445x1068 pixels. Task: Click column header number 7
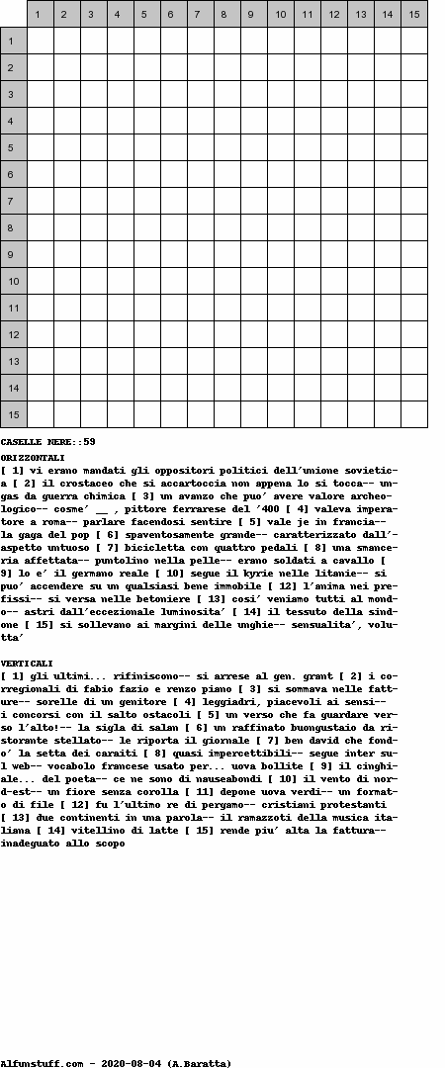tap(200, 14)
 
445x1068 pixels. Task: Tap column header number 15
tap(413, 14)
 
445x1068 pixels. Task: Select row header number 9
tap(13, 254)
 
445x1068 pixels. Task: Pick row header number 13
tap(13, 361)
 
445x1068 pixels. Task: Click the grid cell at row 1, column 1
tap(40, 41)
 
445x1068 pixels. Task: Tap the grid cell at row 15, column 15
tap(413, 414)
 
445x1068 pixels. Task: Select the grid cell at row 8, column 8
tap(226, 227)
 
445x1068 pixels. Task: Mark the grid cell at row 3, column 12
tap(333, 94)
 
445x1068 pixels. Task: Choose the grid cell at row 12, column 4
tap(120, 334)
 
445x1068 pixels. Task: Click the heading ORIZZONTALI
tap(33, 458)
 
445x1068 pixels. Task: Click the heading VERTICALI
tap(27, 663)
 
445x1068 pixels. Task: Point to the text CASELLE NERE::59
tap(47, 441)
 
